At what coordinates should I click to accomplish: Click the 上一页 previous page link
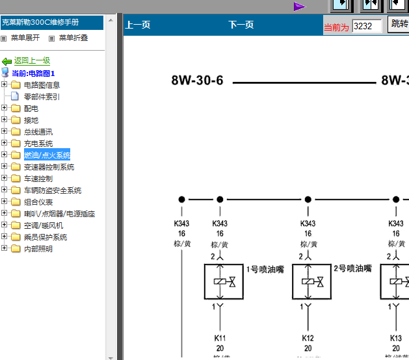(138, 25)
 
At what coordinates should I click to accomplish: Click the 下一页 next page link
(241, 25)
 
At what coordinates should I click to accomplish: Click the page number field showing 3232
(367, 26)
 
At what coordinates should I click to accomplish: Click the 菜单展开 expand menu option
(29, 38)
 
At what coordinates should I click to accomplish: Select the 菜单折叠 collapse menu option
(73, 38)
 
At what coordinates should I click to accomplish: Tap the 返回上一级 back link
(32, 60)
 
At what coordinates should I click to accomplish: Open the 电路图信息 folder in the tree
(42, 84)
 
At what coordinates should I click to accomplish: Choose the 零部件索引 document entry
(42, 96)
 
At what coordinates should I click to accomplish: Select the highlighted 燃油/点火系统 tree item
(47, 155)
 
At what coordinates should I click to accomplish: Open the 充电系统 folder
(38, 143)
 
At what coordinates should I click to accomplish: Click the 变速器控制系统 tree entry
(49, 167)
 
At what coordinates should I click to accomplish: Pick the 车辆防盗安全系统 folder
(53, 190)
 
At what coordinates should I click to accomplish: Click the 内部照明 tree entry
(38, 249)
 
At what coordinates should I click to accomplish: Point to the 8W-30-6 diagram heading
(197, 81)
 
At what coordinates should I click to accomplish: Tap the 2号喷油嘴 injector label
(352, 268)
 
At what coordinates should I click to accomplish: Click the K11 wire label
(220, 339)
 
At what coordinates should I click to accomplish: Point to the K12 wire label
(308, 339)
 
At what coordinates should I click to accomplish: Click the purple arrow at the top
(299, 6)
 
